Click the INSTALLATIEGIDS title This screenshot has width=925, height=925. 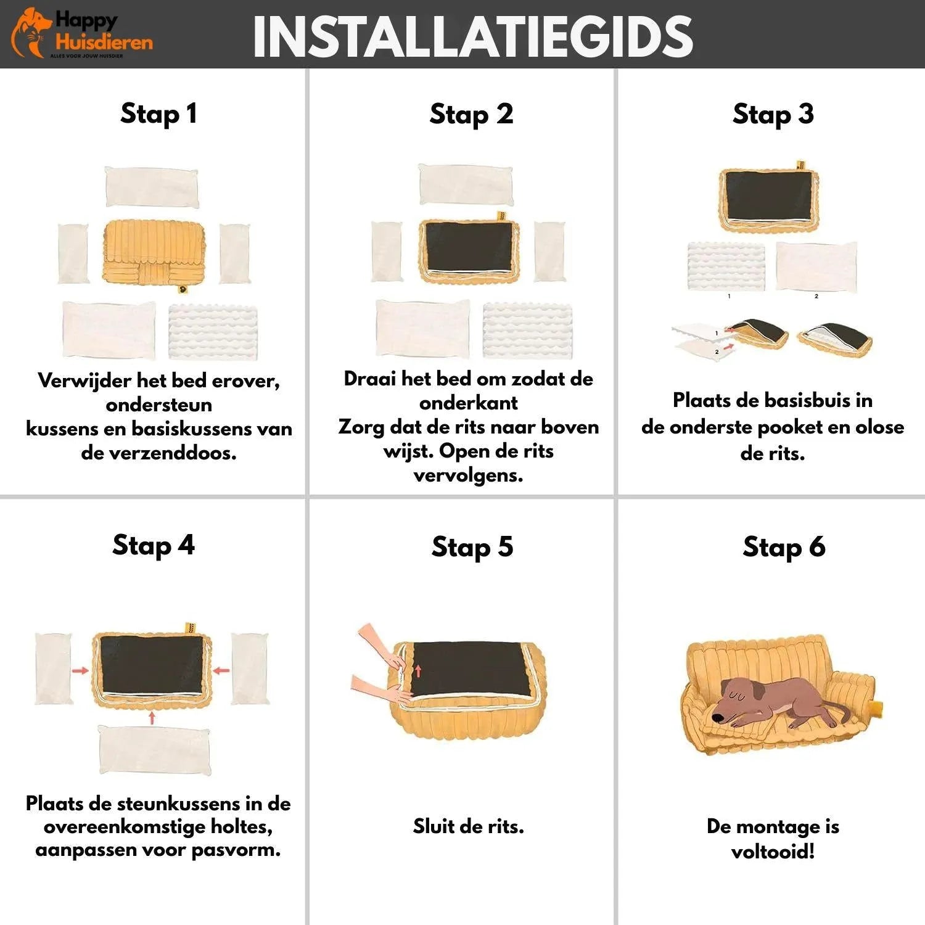pyautogui.click(x=473, y=36)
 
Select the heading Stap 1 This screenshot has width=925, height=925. pyautogui.click(x=158, y=113)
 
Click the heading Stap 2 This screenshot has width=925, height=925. pyautogui.click(x=471, y=114)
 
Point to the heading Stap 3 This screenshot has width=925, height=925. pyautogui.click(x=773, y=114)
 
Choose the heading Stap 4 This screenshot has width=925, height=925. pyautogui.click(x=153, y=545)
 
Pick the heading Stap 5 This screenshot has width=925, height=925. pyautogui.click(x=472, y=546)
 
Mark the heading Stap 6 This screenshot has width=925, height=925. pyautogui.click(x=784, y=546)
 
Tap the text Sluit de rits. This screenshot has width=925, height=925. pyautogui.click(x=468, y=826)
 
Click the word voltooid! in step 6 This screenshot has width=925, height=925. pyautogui.click(x=773, y=852)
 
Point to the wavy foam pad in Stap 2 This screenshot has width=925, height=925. pyautogui.click(x=527, y=329)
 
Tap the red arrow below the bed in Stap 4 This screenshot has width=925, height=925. pyautogui.click(x=152, y=717)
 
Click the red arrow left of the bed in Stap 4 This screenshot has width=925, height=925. pyautogui.click(x=80, y=670)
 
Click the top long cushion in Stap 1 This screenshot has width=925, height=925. pyautogui.click(x=152, y=187)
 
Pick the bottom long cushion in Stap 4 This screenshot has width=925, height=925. pyautogui.click(x=154, y=750)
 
